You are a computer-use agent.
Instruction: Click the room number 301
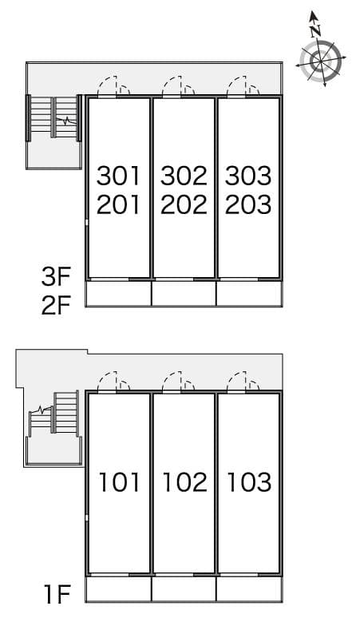click(x=118, y=174)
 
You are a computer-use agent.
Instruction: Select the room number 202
click(x=184, y=204)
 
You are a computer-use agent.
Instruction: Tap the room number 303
click(x=248, y=174)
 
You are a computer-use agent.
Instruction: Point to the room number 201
click(x=118, y=204)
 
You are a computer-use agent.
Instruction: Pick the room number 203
click(x=248, y=204)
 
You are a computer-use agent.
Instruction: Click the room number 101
click(x=119, y=481)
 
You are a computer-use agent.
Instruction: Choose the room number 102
click(x=184, y=481)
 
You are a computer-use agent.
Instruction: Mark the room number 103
click(x=248, y=481)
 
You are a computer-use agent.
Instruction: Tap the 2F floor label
click(x=57, y=306)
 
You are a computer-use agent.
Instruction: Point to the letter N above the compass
click(x=316, y=30)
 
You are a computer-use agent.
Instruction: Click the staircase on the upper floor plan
click(x=54, y=120)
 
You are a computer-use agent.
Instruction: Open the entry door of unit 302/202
click(x=180, y=86)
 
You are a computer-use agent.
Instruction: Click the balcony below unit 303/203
click(x=248, y=293)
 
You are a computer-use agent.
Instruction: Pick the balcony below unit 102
click(x=184, y=589)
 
